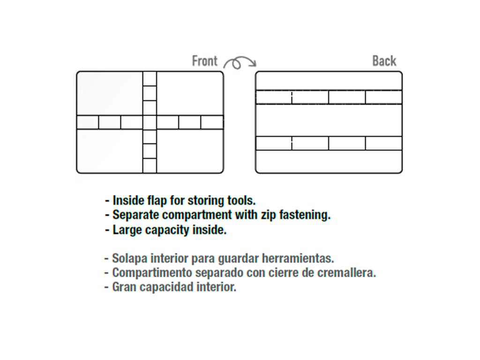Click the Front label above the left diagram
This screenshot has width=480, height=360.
point(205,61)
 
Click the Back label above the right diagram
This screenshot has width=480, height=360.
point(384,61)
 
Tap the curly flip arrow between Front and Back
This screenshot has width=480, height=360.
point(239,62)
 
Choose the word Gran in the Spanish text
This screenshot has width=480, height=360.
point(123,287)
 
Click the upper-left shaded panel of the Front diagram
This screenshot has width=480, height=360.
point(110,93)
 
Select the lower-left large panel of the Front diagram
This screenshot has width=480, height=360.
point(110,150)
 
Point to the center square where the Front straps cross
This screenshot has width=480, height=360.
point(150,122)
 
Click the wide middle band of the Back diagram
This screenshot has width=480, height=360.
point(329,120)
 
